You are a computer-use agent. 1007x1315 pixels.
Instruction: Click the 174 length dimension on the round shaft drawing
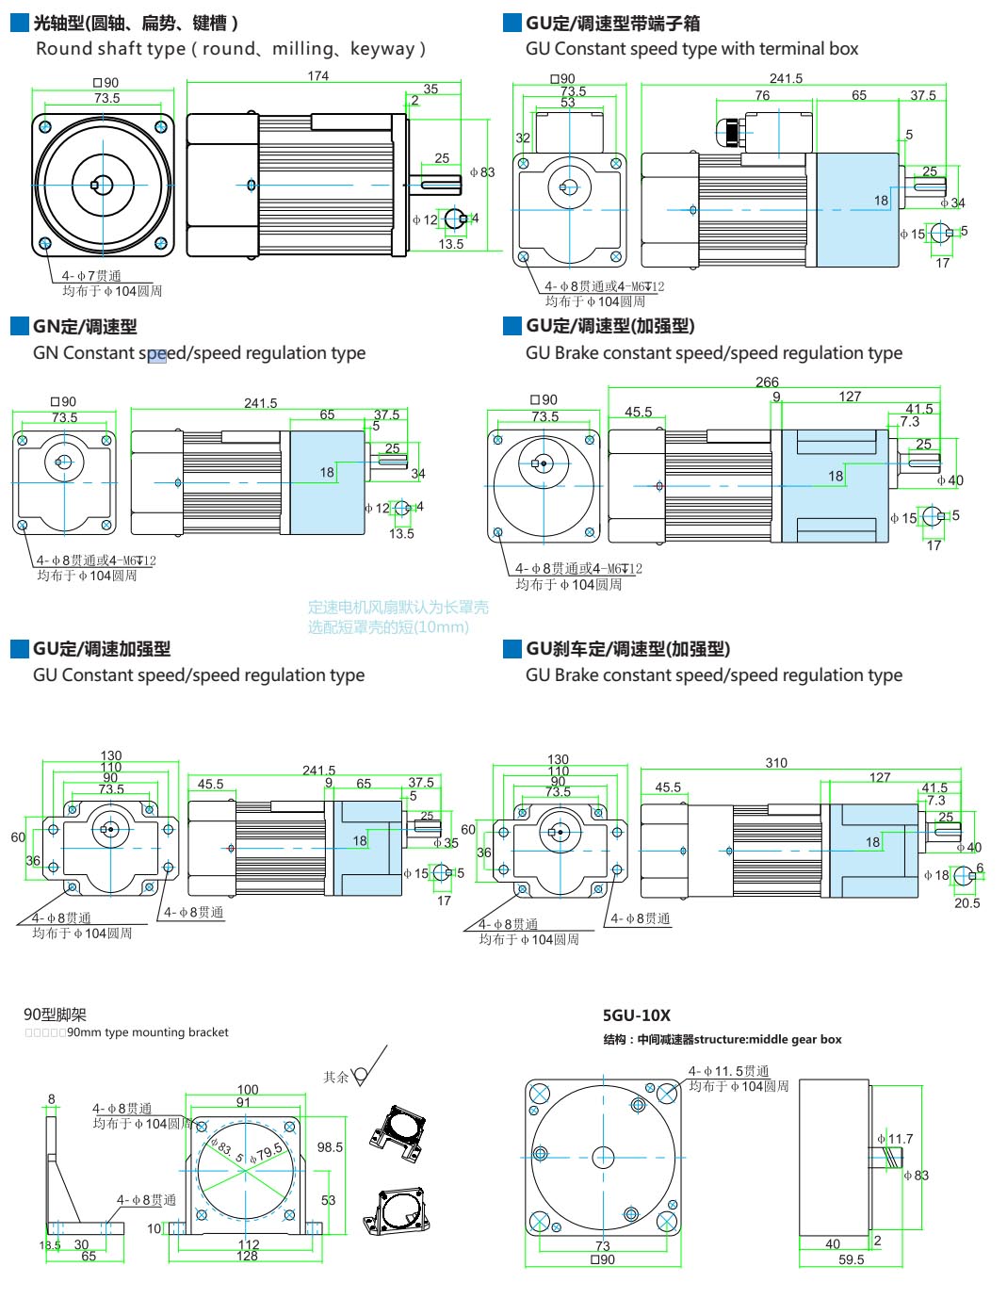click(x=318, y=76)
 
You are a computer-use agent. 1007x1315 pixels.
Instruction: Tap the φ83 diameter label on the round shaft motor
click(x=482, y=172)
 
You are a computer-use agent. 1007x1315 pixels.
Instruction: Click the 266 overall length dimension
click(x=767, y=382)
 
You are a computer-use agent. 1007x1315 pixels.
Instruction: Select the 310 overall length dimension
click(x=776, y=763)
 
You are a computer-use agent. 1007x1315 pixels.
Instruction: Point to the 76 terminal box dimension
click(x=762, y=95)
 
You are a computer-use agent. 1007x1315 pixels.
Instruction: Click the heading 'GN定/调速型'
click(x=85, y=327)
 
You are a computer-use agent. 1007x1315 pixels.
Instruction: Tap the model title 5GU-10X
click(x=637, y=1015)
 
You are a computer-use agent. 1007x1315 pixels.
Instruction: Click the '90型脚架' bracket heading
click(x=55, y=1015)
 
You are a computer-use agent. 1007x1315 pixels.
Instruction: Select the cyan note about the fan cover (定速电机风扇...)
click(x=398, y=617)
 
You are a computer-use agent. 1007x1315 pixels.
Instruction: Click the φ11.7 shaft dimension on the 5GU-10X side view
click(x=896, y=1139)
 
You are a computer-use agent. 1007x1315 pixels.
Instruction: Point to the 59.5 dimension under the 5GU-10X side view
click(x=851, y=1259)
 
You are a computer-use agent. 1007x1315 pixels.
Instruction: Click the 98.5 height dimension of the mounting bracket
click(x=330, y=1147)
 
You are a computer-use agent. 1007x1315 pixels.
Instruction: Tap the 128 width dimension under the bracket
click(x=247, y=1256)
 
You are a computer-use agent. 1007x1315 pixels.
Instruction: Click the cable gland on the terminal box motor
click(x=729, y=132)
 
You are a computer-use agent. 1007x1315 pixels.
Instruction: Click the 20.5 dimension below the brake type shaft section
click(x=966, y=903)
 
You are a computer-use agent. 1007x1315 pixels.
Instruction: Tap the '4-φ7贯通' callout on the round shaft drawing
click(x=91, y=276)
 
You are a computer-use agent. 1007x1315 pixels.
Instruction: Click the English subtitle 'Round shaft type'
click(x=231, y=49)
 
